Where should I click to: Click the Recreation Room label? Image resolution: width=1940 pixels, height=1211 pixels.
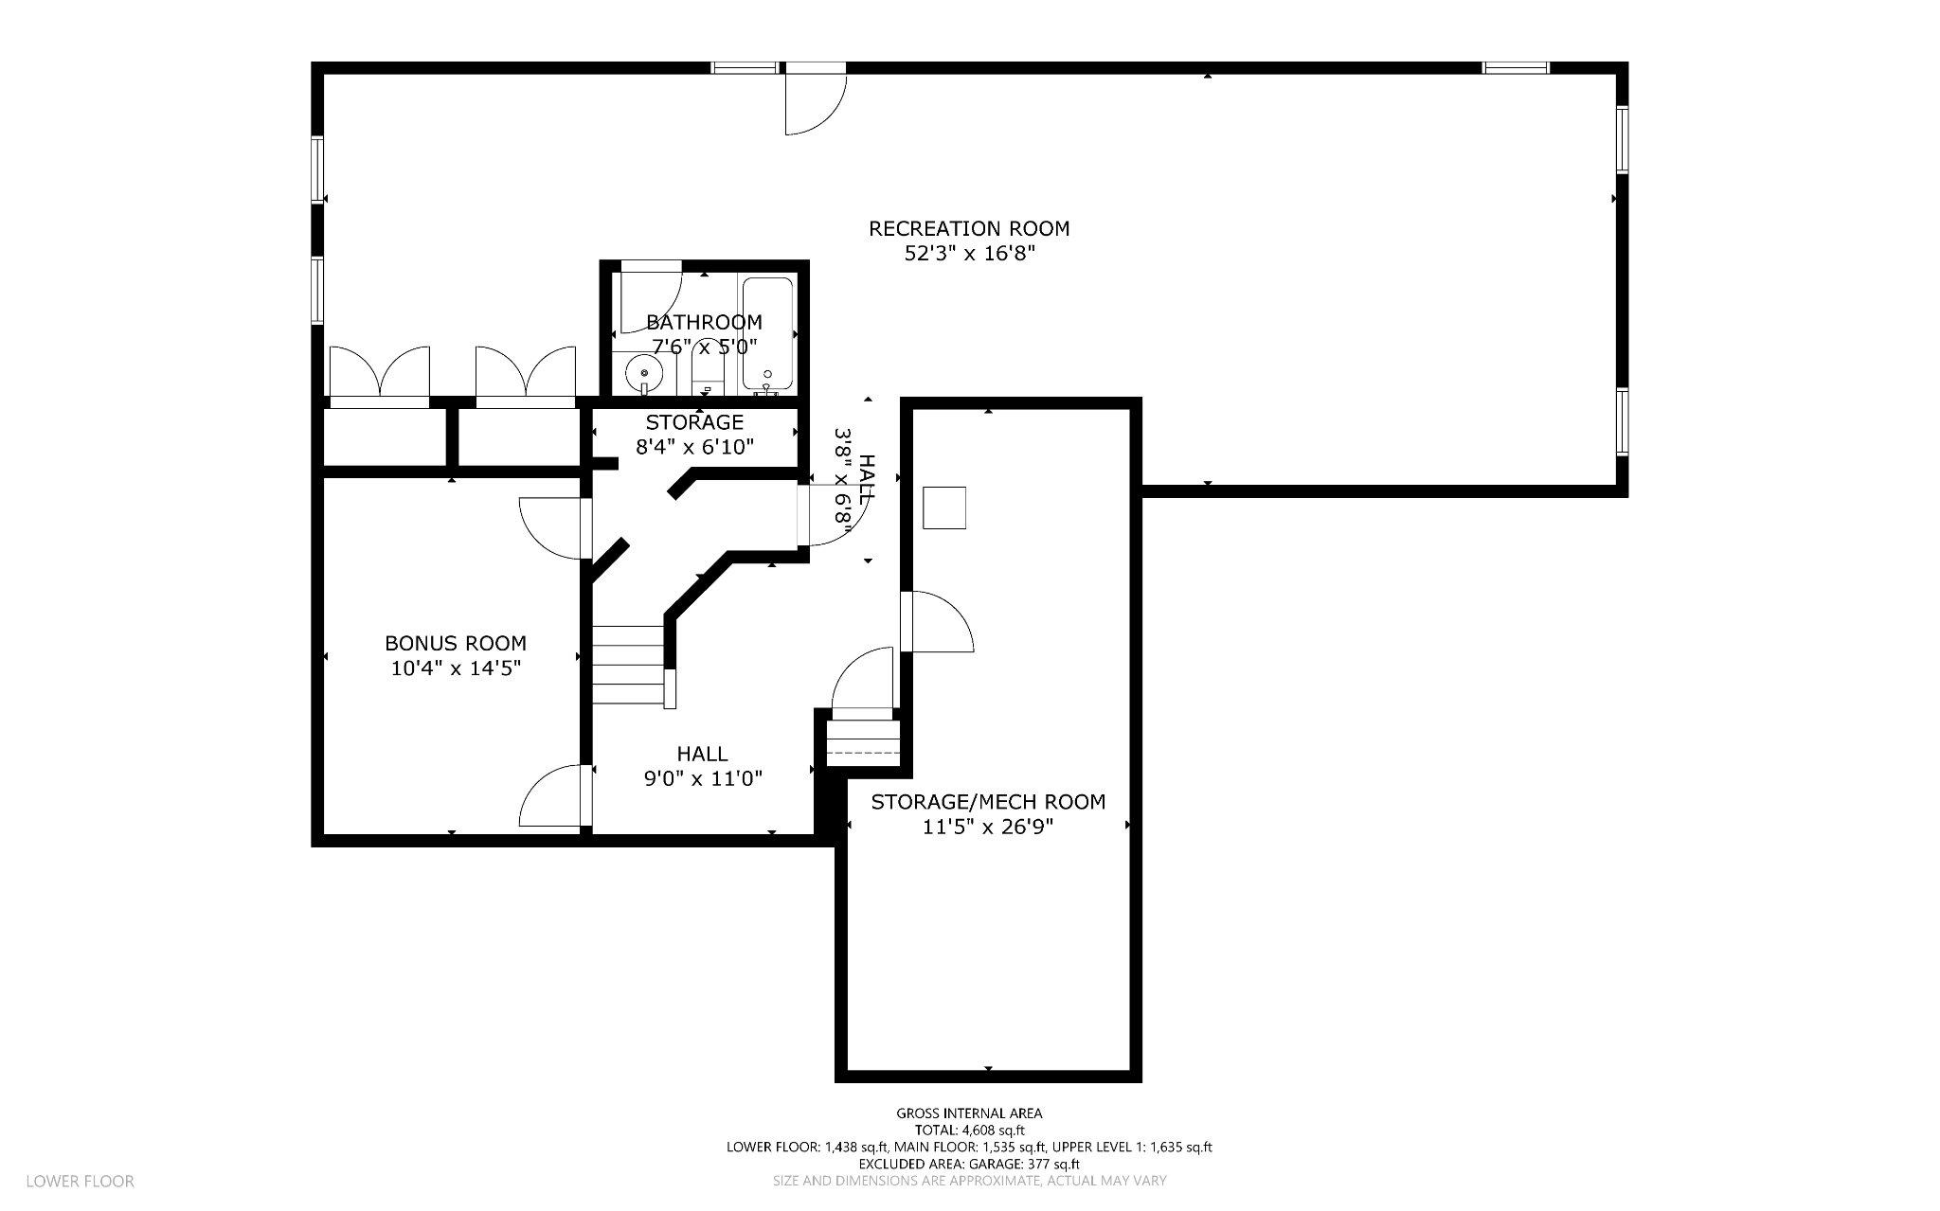pos(969,228)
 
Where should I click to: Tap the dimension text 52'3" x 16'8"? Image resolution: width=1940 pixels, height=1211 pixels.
pos(969,254)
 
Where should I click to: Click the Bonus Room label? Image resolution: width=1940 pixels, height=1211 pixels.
pos(456,643)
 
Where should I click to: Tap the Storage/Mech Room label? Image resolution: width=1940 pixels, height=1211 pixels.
pos(988,802)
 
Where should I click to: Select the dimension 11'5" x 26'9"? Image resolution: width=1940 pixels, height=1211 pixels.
pos(988,827)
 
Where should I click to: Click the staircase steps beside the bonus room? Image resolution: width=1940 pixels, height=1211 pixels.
pos(627,665)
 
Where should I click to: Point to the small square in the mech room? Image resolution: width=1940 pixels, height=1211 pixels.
pos(944,508)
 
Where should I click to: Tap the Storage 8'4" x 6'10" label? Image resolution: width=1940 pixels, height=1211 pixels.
pos(694,435)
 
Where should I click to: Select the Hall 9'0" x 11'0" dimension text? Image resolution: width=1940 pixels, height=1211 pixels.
pos(703,778)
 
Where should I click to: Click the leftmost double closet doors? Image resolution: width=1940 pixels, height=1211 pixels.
pos(379,372)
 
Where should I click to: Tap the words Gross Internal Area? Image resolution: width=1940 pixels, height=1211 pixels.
pos(969,1113)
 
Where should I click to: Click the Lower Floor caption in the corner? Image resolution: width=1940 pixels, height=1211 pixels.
pos(81,1181)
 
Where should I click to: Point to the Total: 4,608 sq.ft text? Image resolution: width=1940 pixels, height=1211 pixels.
pos(969,1131)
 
